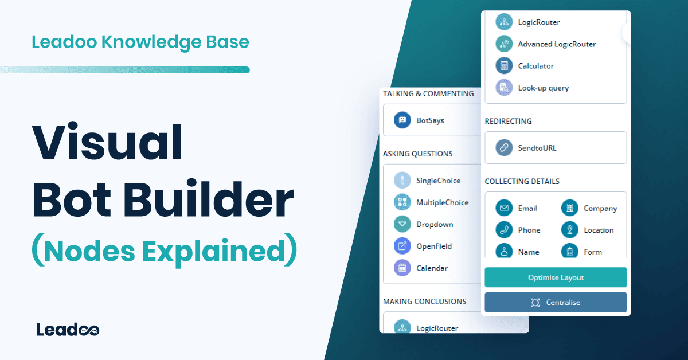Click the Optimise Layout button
[556, 277]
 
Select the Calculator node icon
[504, 66]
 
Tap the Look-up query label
[543, 88]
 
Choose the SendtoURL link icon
[504, 148]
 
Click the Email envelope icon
[504, 208]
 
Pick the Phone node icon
[504, 230]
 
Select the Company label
[600, 208]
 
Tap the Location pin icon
[570, 230]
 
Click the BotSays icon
[402, 120]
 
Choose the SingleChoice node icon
[402, 181]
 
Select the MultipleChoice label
[442, 202]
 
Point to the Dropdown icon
[402, 224]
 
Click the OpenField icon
[402, 246]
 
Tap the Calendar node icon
[402, 268]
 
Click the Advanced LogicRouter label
[557, 44]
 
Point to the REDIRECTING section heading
[508, 121]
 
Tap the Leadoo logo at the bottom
[68, 330]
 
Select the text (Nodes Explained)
[165, 252]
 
